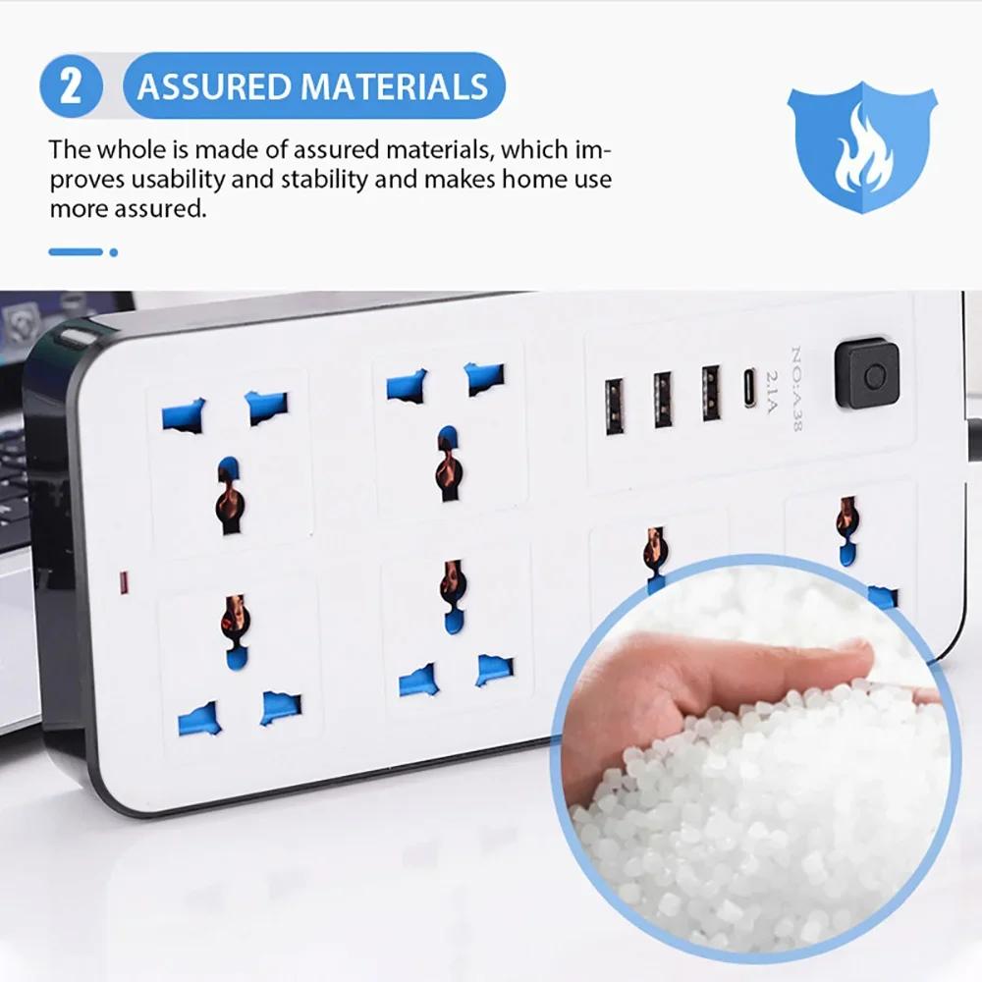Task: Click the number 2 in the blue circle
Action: point(71,87)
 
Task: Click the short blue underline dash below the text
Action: point(76,252)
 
